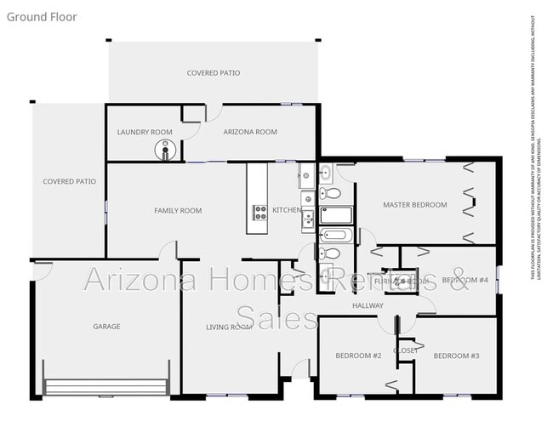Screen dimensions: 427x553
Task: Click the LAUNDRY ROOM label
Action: [x=145, y=132]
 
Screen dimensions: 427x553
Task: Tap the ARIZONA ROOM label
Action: [x=250, y=132]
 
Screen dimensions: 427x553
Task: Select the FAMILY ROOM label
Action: [x=178, y=210]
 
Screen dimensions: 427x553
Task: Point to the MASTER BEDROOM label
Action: [x=414, y=204]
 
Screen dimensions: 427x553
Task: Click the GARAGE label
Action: [x=106, y=326]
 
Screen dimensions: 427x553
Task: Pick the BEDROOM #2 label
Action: [x=358, y=355]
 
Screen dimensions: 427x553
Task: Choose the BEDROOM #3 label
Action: [x=457, y=355]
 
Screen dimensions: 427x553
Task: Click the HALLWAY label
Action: [x=368, y=305]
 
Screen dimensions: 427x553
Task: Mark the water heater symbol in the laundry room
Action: [x=163, y=151]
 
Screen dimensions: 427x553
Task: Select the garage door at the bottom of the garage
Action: [x=106, y=388]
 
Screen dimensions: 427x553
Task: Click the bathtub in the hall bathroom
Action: [x=336, y=235]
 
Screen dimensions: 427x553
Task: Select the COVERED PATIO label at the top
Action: [x=214, y=73]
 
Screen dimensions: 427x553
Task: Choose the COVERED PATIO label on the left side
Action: [x=70, y=181]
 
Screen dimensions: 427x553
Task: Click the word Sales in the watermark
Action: [x=276, y=317]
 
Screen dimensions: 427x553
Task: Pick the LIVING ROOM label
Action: [x=230, y=327]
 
